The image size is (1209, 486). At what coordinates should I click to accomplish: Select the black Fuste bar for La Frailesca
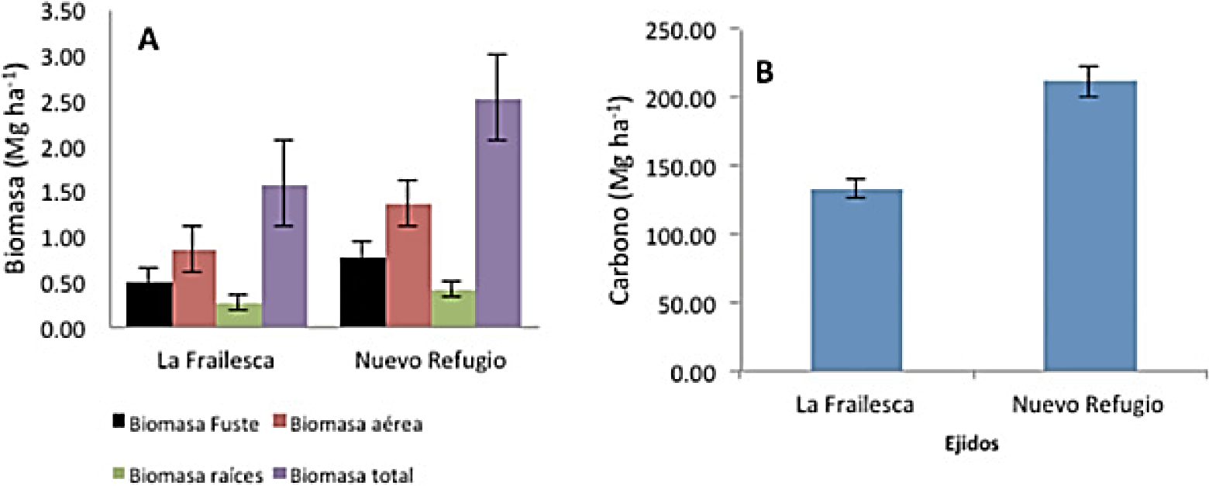click(x=149, y=305)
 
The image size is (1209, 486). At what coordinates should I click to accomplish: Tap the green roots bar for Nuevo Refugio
click(x=453, y=310)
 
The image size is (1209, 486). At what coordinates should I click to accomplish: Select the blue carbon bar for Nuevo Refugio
click(x=1089, y=229)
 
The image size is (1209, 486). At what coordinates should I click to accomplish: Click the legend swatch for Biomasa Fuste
click(x=119, y=422)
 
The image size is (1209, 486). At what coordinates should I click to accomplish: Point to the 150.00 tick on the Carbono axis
click(x=698, y=166)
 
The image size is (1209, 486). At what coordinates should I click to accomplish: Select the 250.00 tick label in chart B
click(x=698, y=29)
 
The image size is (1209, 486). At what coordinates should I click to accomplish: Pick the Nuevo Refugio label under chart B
click(x=1089, y=405)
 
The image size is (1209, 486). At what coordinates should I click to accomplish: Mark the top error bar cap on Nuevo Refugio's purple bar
click(x=497, y=54)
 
